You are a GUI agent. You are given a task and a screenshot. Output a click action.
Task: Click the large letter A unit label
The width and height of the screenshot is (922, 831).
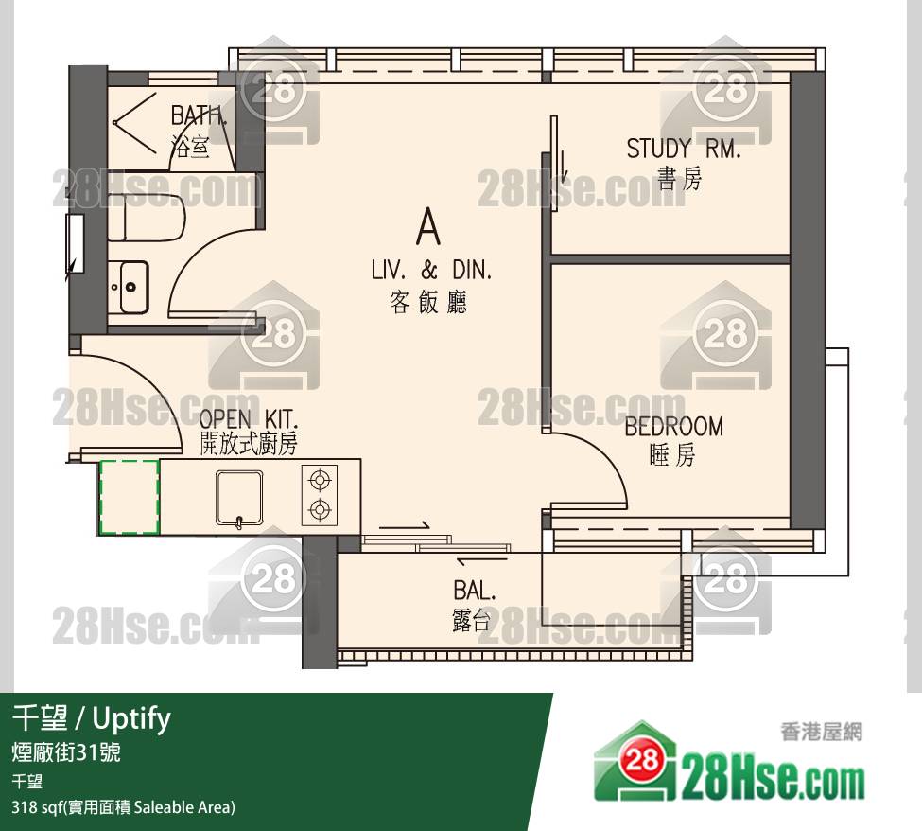(428, 228)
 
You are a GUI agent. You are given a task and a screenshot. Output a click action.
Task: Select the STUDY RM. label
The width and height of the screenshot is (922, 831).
(684, 149)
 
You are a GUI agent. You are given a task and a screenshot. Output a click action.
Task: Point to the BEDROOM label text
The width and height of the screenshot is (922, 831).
(674, 427)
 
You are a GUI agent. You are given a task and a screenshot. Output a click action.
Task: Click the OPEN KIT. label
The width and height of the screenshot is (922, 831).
(248, 419)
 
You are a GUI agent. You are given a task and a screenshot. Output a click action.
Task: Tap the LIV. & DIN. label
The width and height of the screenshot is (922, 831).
(431, 270)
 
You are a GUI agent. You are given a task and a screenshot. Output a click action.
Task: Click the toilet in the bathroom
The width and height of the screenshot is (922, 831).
(147, 219)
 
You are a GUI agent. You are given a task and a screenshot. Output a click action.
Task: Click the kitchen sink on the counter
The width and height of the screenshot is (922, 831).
(239, 497)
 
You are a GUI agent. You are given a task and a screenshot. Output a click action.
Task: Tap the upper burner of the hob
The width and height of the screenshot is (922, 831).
(320, 480)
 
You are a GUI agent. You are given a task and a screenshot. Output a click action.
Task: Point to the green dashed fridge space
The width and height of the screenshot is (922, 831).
(129, 497)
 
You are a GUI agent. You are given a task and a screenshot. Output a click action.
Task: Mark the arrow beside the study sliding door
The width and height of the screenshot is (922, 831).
(563, 167)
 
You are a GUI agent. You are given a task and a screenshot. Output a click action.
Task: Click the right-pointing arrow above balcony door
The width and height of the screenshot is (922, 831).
(405, 525)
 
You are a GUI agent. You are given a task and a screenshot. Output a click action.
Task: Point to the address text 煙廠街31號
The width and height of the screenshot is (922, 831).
(66, 752)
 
